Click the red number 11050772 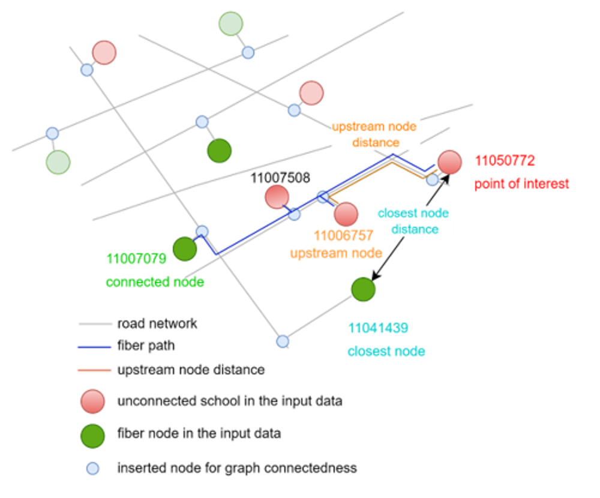[x=505, y=161]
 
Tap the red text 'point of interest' [x=521, y=184]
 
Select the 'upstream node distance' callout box [x=376, y=134]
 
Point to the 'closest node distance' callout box [x=415, y=221]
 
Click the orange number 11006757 [x=344, y=235]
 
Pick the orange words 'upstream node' [x=336, y=253]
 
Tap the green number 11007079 [x=136, y=260]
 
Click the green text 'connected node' [x=155, y=282]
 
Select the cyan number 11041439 [x=378, y=328]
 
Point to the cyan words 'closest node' [x=386, y=352]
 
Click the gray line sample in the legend [x=95, y=324]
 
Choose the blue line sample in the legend [x=94, y=347]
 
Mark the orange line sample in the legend [x=94, y=370]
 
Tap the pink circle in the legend [x=92, y=401]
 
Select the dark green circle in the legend [x=92, y=436]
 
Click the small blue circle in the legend [x=92, y=468]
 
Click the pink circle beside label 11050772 [x=449, y=162]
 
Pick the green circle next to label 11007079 [x=185, y=248]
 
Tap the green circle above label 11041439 [x=363, y=290]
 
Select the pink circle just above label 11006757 [x=346, y=214]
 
